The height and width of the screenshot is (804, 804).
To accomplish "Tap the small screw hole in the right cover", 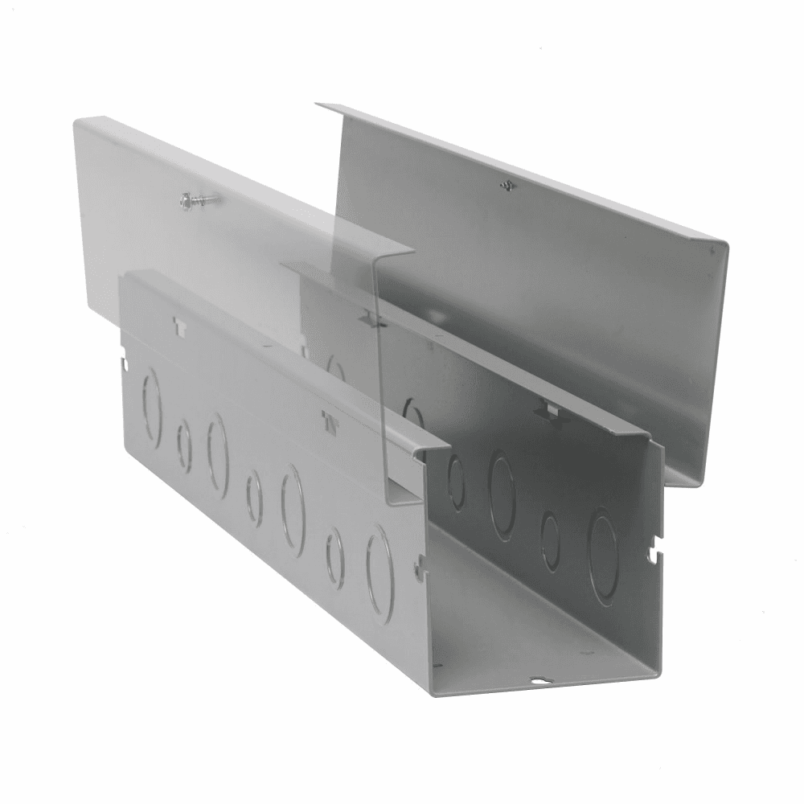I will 506,186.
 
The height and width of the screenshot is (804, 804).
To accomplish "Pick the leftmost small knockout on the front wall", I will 184,445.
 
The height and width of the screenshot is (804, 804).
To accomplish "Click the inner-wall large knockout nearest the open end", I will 603,555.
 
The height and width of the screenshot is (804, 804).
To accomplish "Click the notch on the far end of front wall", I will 124,363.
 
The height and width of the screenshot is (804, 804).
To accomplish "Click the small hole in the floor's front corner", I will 438,666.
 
